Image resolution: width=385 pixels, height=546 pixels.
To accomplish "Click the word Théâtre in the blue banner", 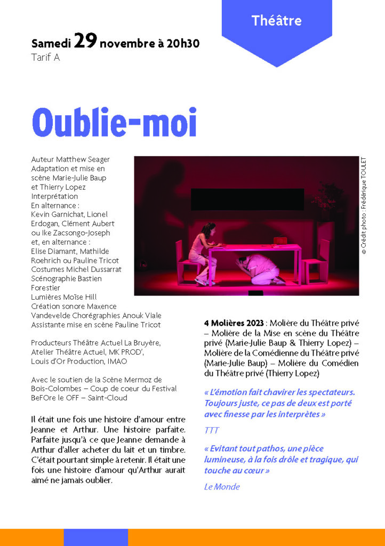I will pyautogui.click(x=276, y=21).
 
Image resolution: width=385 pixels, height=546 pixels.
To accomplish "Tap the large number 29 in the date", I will pyautogui.click(x=85, y=41).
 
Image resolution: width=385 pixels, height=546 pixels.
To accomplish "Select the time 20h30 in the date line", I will pyautogui.click(x=183, y=43).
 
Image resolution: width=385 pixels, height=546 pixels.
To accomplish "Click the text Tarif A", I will pyautogui.click(x=45, y=58).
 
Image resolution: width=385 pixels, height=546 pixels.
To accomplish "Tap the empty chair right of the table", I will pyautogui.click(x=317, y=261).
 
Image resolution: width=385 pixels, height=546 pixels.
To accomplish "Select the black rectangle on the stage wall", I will pyautogui.click(x=247, y=199).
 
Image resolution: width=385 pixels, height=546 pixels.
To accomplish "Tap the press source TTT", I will pyautogui.click(x=211, y=430).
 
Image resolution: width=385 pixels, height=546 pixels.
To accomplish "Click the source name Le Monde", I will pyautogui.click(x=222, y=486).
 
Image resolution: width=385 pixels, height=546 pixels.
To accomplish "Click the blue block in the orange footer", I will pyautogui.click(x=96, y=537).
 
